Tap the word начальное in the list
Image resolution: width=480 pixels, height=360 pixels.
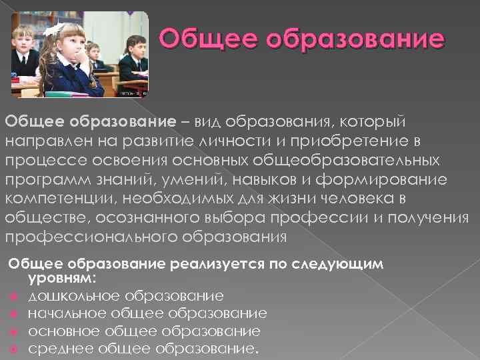[x=68, y=313]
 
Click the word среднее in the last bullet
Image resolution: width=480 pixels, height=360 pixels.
[x=61, y=349]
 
